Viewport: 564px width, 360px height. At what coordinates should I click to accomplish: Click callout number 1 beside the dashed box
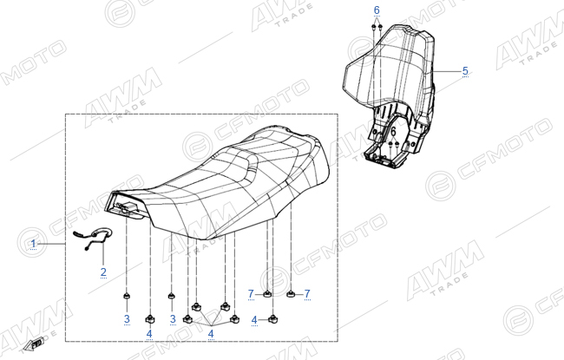point(34,245)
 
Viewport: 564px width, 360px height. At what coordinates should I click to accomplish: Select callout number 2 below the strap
point(103,272)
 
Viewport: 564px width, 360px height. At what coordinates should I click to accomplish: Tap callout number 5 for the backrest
point(465,71)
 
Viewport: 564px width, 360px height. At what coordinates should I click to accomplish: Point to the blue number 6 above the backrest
point(377,10)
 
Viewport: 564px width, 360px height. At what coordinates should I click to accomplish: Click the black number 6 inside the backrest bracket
point(394,131)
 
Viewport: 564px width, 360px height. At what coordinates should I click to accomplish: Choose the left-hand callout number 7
point(251,294)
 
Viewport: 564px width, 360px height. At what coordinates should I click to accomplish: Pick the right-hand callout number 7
point(307,294)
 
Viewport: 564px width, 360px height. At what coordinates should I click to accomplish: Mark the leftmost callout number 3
point(127,318)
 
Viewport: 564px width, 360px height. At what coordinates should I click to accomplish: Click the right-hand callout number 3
point(173,318)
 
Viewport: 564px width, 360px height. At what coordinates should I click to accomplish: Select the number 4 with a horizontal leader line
point(254,320)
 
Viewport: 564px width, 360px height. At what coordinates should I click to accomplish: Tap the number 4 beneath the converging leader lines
point(211,334)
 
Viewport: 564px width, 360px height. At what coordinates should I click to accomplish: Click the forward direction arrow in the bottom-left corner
point(33,344)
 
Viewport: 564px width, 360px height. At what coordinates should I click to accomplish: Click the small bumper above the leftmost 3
point(127,296)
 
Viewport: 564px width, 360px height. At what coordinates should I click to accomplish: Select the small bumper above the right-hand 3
point(172,296)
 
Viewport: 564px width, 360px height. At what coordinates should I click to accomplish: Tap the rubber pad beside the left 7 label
point(267,294)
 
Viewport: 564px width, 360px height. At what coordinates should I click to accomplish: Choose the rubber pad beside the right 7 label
point(291,295)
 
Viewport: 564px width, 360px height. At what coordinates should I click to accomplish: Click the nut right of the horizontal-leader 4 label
point(273,318)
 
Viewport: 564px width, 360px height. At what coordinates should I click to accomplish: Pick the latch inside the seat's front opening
point(126,207)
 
